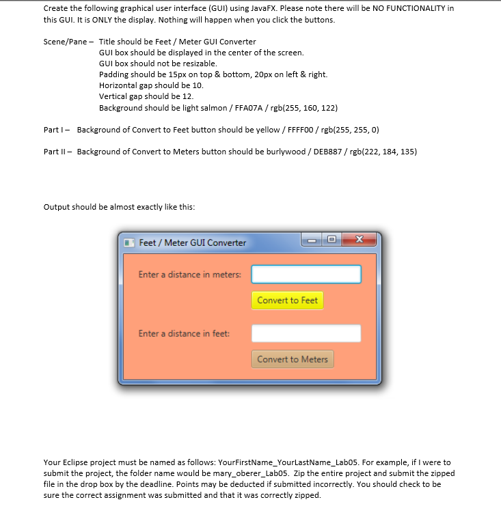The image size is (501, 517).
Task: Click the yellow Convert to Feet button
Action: pyautogui.click(x=287, y=301)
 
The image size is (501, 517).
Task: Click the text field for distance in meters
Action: pyautogui.click(x=306, y=275)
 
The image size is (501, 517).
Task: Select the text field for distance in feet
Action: pyautogui.click(x=306, y=333)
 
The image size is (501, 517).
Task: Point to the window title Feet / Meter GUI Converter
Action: pyautogui.click(x=192, y=242)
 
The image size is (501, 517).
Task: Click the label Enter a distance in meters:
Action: pyautogui.click(x=189, y=275)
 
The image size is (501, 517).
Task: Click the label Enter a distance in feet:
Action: pyautogui.click(x=184, y=333)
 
